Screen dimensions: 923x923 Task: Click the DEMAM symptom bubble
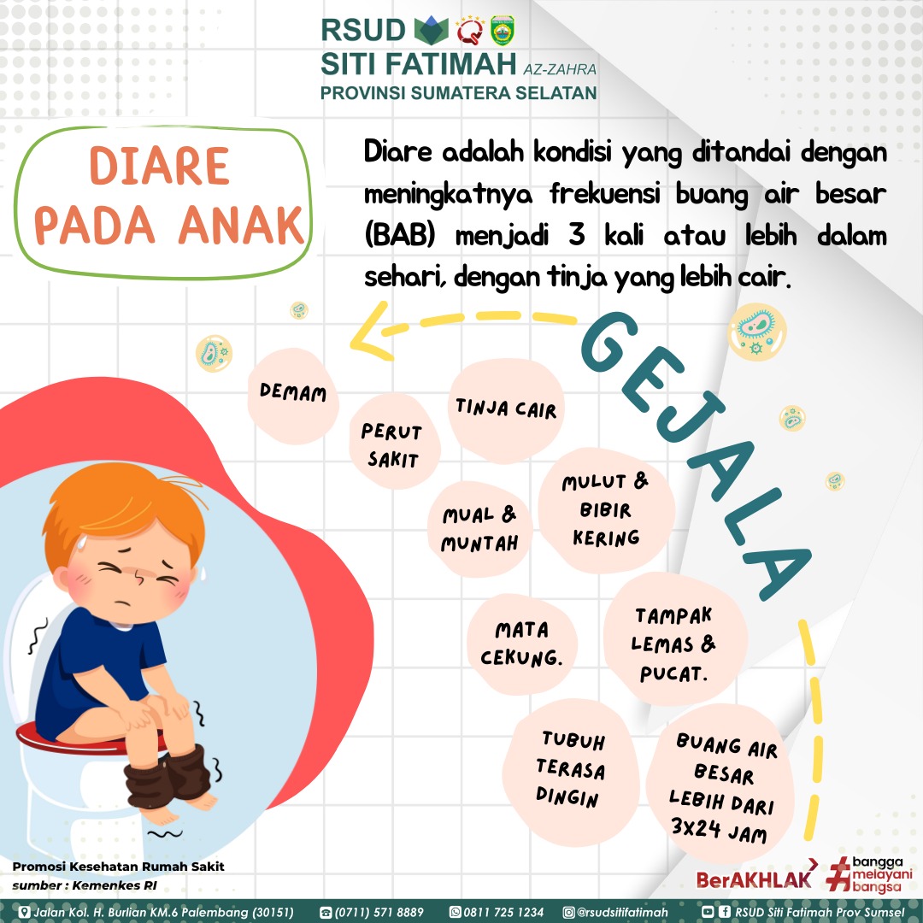click(x=292, y=396)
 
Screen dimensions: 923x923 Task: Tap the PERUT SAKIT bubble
click(x=393, y=442)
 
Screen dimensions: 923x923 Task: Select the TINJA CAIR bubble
click(x=506, y=410)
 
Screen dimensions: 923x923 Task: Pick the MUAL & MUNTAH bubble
click(x=479, y=529)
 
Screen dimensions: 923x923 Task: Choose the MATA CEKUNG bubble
click(x=521, y=644)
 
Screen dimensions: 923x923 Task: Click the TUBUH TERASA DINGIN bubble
click(x=570, y=771)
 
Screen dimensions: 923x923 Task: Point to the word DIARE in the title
click(x=159, y=167)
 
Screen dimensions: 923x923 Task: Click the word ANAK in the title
click(x=242, y=225)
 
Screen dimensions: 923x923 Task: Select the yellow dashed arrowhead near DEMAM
click(x=370, y=332)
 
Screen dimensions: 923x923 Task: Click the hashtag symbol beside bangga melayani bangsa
click(x=838, y=875)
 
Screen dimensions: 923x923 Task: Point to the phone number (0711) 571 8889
click(x=372, y=913)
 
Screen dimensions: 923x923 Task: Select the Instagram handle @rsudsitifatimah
click(x=615, y=913)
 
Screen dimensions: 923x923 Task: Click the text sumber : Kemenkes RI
click(x=85, y=885)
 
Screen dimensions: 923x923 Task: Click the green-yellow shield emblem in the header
click(x=503, y=31)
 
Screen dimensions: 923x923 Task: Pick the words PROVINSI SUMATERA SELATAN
click(x=459, y=93)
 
